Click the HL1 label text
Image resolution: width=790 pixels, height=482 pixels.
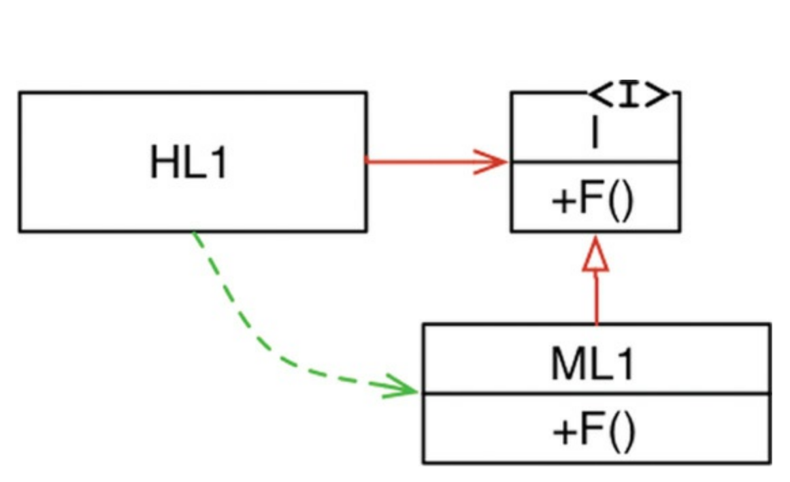click(188, 163)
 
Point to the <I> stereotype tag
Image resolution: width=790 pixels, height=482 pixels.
click(629, 96)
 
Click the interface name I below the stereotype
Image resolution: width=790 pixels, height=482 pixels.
click(595, 133)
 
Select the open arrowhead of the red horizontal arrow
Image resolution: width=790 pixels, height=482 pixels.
click(493, 162)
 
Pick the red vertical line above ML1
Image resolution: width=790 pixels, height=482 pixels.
click(596, 300)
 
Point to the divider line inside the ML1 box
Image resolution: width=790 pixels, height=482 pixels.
click(596, 393)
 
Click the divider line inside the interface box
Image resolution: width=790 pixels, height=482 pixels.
click(595, 163)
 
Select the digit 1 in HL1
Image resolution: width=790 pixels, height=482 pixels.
click(218, 163)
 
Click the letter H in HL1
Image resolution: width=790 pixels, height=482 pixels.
click(163, 163)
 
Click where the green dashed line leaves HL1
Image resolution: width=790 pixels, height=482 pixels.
click(195, 234)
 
